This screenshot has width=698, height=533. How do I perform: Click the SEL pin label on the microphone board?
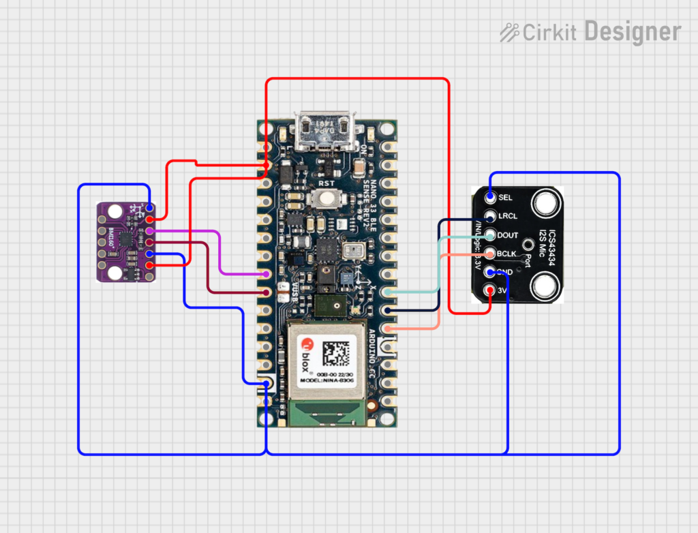pyautogui.click(x=506, y=198)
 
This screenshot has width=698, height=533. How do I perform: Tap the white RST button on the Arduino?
pyautogui.click(x=326, y=198)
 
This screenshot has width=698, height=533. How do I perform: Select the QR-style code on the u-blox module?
pyautogui.click(x=335, y=353)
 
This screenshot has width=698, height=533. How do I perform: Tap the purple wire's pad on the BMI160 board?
pyautogui.click(x=149, y=232)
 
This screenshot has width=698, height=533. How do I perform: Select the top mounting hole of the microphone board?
pyautogui.click(x=545, y=204)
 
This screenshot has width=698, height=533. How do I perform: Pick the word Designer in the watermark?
pyautogui.click(x=633, y=31)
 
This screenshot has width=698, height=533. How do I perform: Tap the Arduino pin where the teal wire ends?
pyautogui.click(x=389, y=292)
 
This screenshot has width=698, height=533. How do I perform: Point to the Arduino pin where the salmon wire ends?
pyautogui.click(x=389, y=329)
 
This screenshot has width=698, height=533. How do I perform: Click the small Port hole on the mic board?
pyautogui.click(x=527, y=244)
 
